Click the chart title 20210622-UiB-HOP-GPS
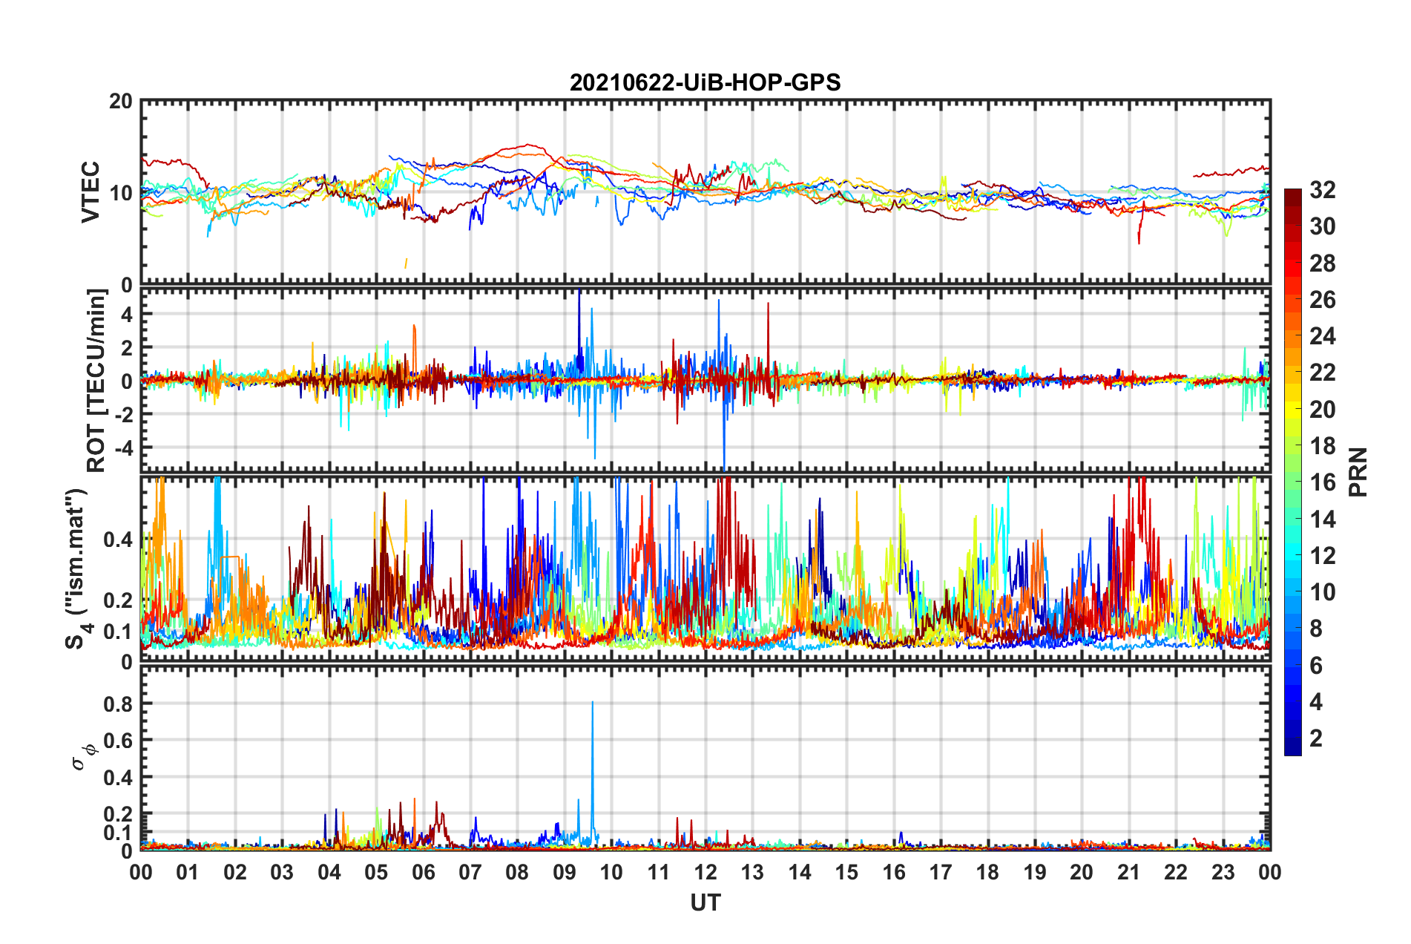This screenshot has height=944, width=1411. tap(705, 82)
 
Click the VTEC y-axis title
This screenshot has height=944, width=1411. tap(91, 191)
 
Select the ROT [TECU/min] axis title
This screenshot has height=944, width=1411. tap(96, 380)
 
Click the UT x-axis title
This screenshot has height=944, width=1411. tap(705, 902)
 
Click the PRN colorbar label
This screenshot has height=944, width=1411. tap(1358, 472)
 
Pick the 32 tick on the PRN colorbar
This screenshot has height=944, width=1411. tap(1322, 191)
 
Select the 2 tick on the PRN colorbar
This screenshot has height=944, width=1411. tap(1316, 738)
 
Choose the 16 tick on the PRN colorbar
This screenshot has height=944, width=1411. tap(1322, 483)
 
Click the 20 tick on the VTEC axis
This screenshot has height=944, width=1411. tap(121, 102)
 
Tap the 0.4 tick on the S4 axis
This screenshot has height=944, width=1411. tap(118, 540)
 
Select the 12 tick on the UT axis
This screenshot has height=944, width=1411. tap(705, 873)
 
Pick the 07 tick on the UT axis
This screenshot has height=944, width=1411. tap(470, 873)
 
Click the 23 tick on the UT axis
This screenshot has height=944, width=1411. tap(1223, 873)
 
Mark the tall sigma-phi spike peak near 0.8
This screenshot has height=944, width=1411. tap(592, 702)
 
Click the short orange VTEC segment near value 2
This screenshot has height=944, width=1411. tap(405, 263)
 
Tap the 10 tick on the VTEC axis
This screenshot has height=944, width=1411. tap(121, 194)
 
